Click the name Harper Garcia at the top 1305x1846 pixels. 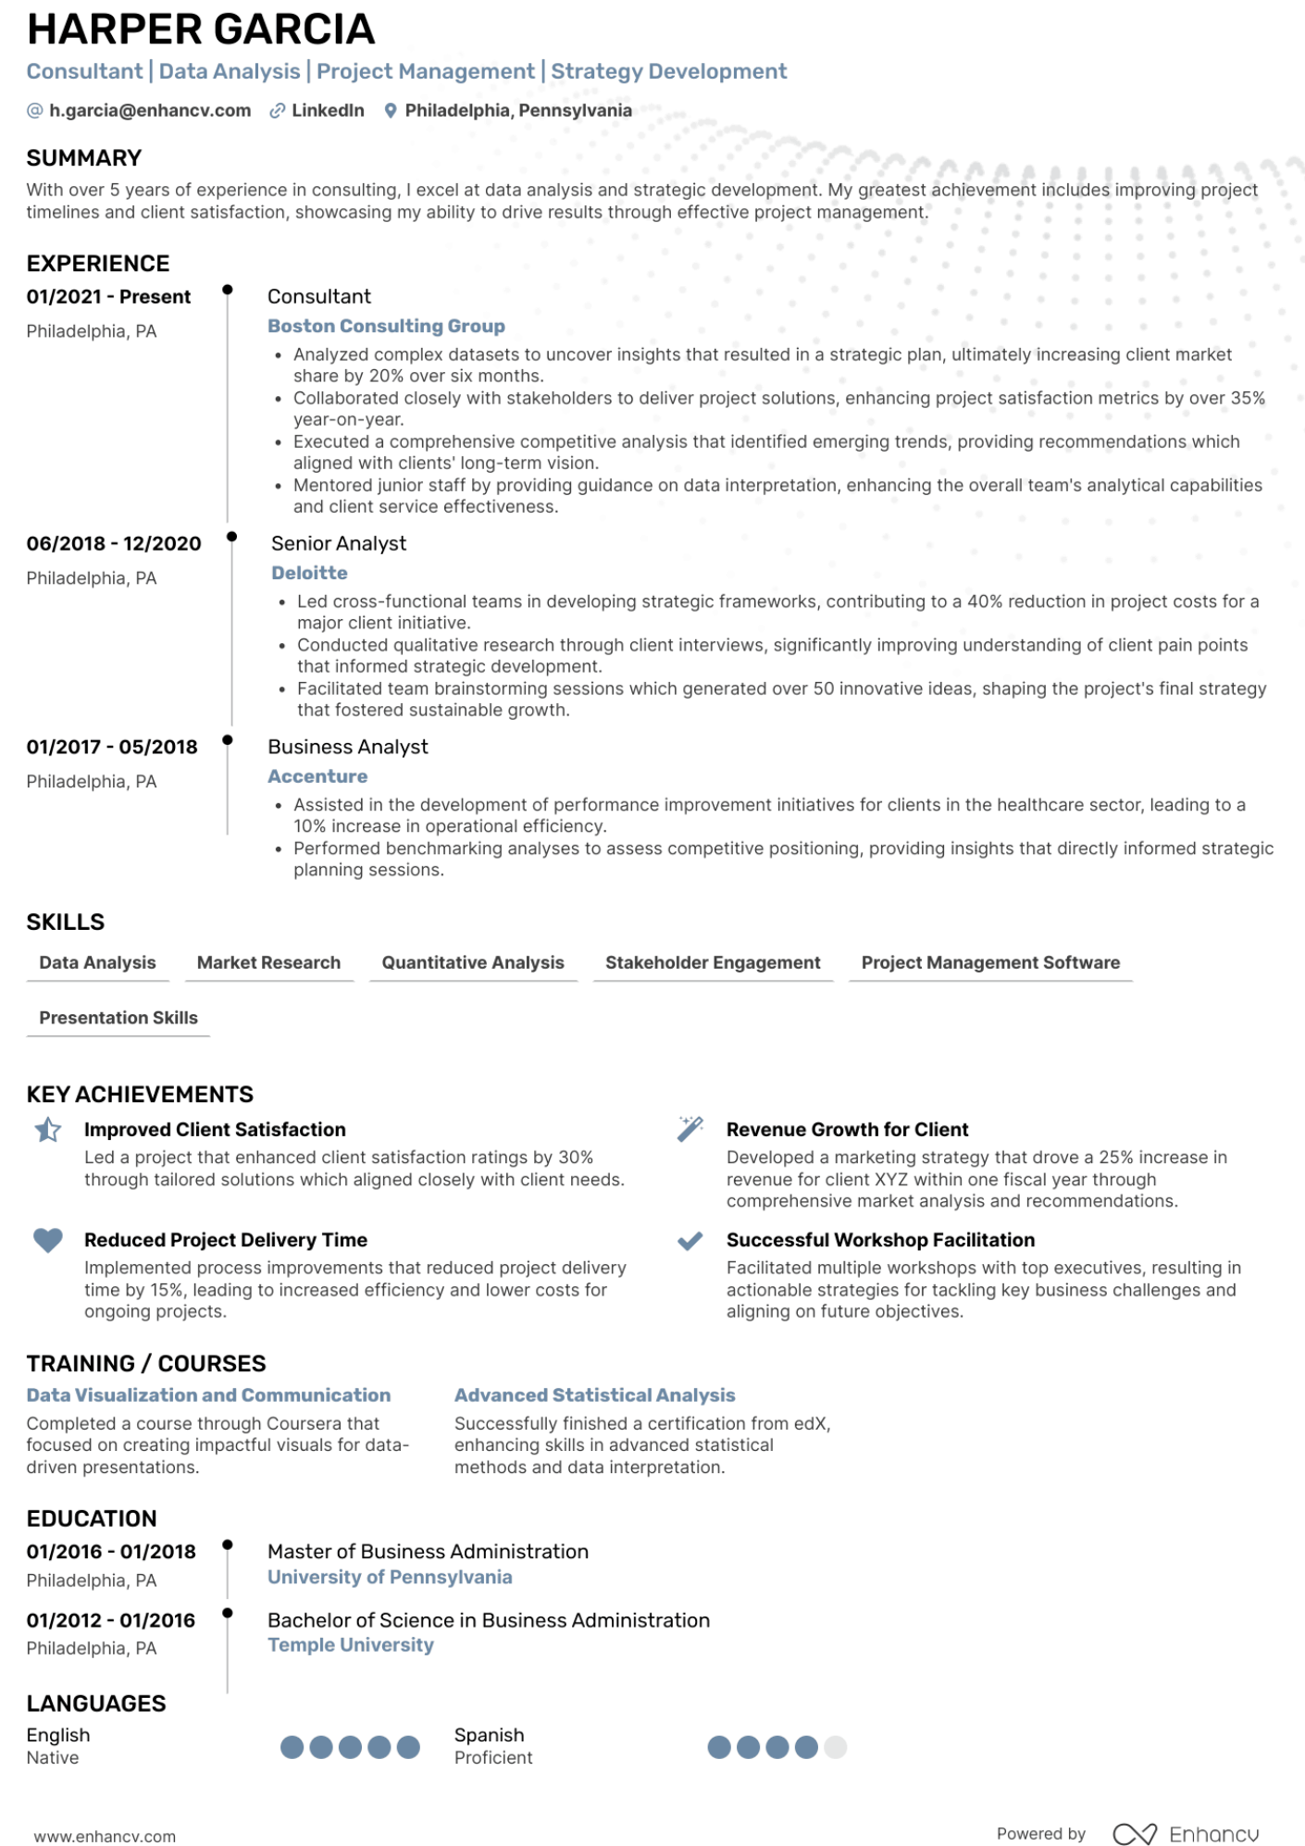click(x=201, y=31)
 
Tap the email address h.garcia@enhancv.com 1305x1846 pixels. click(x=150, y=111)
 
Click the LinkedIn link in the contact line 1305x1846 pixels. click(x=328, y=111)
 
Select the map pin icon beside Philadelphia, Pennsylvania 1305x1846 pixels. click(x=391, y=111)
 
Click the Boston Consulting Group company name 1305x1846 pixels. click(x=386, y=327)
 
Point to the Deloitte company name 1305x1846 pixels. click(x=309, y=574)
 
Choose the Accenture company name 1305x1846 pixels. click(x=317, y=777)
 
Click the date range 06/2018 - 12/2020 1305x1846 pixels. click(x=114, y=544)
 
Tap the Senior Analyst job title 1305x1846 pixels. click(x=339, y=544)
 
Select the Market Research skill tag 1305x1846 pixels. click(x=268, y=963)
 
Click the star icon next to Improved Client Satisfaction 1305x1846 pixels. click(x=48, y=1130)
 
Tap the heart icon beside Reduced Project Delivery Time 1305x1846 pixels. click(x=48, y=1240)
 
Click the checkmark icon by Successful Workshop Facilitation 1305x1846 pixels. click(x=690, y=1241)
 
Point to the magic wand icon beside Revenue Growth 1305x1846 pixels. click(x=690, y=1129)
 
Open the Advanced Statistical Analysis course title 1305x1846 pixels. click(x=594, y=1395)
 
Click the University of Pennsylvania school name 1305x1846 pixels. click(x=390, y=1578)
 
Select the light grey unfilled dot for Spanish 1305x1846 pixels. click(x=835, y=1747)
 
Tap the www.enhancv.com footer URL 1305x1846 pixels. click(x=105, y=1837)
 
